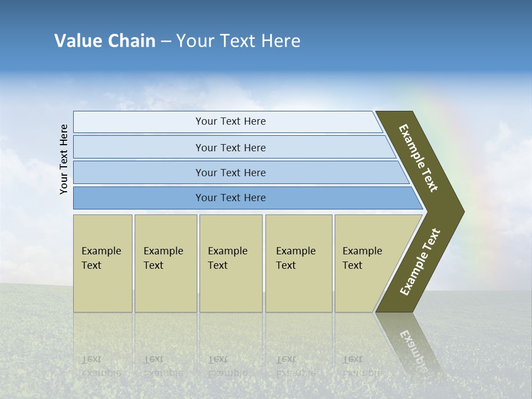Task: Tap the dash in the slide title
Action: (x=166, y=42)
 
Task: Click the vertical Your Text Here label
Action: (x=64, y=159)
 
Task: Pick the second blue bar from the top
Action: (x=230, y=147)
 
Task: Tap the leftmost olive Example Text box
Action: (x=103, y=263)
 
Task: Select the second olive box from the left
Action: (x=165, y=263)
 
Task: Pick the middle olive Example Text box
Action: (x=231, y=263)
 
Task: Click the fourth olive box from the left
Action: (x=298, y=263)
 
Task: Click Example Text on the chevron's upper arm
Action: (x=418, y=158)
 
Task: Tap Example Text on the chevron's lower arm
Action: (x=420, y=262)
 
